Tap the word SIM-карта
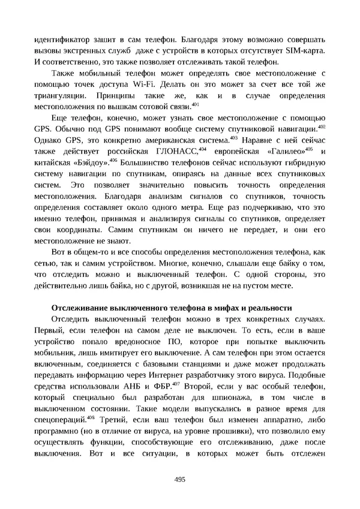tap(306, 47)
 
